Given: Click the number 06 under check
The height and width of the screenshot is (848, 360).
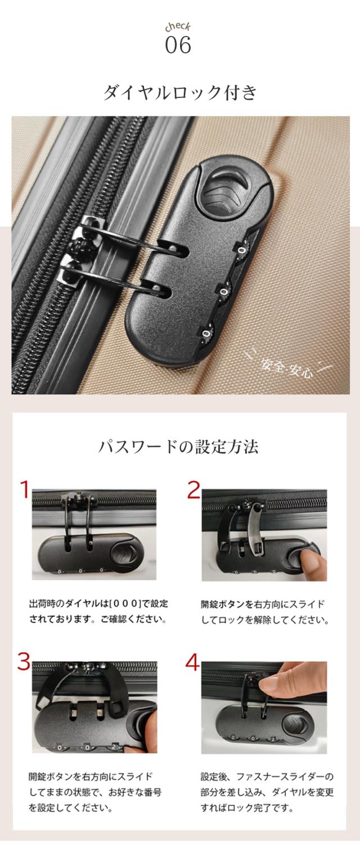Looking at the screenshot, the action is [178, 45].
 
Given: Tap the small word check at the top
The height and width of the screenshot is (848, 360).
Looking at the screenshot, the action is [178, 27].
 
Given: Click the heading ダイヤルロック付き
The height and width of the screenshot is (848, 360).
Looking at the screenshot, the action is [180, 92].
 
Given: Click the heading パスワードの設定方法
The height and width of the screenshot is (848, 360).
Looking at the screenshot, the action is [178, 447].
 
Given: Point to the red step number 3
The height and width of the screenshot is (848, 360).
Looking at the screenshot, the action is [24, 661].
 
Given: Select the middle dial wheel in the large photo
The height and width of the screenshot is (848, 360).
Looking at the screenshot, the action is [224, 292].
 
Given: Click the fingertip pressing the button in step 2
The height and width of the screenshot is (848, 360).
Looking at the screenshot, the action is [310, 560].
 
